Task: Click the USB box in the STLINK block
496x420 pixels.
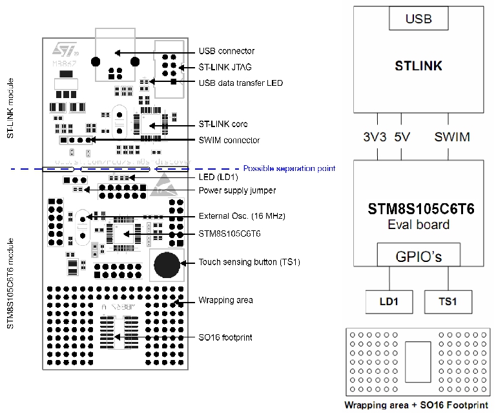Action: (x=418, y=19)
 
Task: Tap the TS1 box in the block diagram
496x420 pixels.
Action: (x=448, y=301)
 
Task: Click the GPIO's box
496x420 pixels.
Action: (x=418, y=256)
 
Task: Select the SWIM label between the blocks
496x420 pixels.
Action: (x=452, y=137)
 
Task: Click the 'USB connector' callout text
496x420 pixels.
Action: (x=226, y=51)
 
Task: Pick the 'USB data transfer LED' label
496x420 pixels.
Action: (x=240, y=83)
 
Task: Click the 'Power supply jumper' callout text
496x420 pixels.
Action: (x=236, y=190)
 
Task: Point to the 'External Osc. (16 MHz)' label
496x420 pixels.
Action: (x=242, y=216)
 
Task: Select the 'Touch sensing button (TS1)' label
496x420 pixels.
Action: (x=249, y=262)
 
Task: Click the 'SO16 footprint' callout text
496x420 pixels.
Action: (x=225, y=337)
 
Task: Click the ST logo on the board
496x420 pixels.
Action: (x=64, y=49)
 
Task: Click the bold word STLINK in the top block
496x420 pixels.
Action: (x=418, y=65)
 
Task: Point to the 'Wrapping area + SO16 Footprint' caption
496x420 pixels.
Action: (x=416, y=405)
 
